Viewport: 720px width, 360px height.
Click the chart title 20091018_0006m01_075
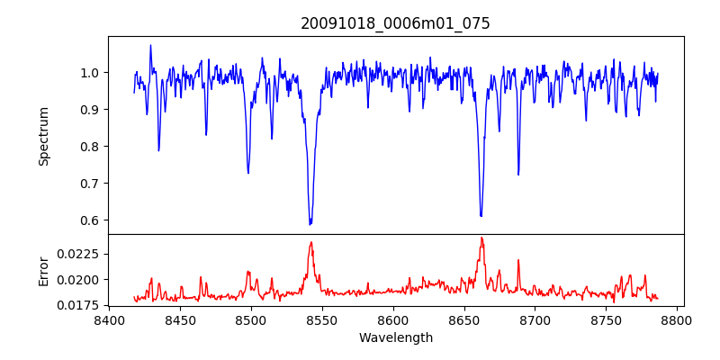395,23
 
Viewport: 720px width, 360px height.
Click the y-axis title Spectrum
43,136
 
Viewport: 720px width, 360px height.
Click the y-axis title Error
43,270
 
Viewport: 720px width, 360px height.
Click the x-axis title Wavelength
395,338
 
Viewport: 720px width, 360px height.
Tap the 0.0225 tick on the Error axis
78,254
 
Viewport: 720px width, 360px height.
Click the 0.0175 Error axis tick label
78,305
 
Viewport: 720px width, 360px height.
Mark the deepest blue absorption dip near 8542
310,224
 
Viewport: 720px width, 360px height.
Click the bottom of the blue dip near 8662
481,216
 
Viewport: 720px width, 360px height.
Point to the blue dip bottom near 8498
248,173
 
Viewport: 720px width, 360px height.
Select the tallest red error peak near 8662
481,238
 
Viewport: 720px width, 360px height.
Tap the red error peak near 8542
310,242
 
